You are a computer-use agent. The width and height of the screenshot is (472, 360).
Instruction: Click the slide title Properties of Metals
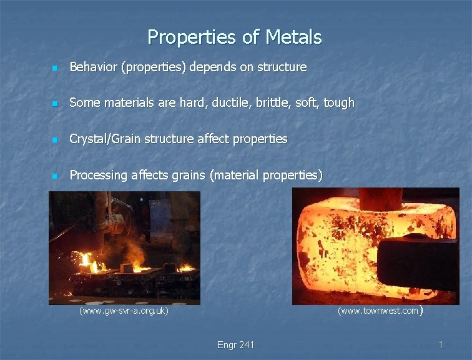235,37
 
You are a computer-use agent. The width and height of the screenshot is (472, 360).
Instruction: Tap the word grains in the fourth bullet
187,175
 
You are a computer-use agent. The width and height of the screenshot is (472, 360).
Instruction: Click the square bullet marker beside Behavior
55,67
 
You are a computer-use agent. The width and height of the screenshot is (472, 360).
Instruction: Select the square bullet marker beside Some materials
55,103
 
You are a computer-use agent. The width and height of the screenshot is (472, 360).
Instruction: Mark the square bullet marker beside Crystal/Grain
55,139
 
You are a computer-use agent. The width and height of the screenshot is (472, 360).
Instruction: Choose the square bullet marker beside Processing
55,176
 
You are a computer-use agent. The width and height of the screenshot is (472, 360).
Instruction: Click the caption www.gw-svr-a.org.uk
124,311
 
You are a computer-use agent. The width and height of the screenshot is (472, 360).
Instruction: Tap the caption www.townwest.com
378,311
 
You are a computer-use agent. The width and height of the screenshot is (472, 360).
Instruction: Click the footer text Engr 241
235,345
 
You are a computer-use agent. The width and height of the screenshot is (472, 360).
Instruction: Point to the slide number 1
441,345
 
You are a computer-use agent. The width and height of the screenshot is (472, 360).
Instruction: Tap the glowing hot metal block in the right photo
337,250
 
